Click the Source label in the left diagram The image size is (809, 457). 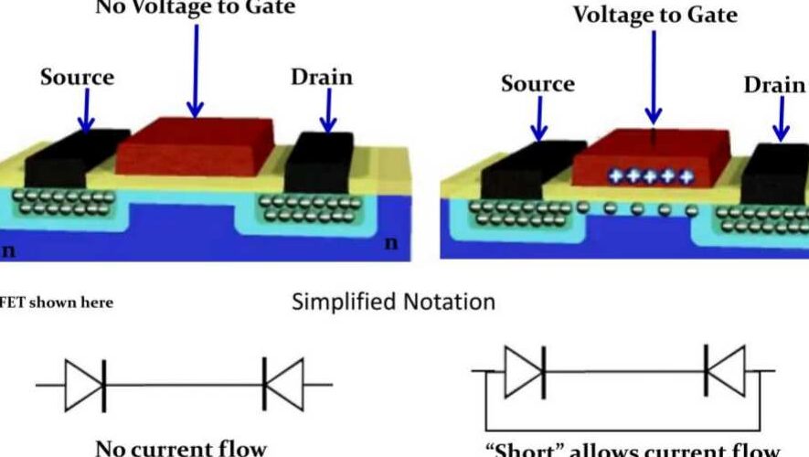(x=76, y=77)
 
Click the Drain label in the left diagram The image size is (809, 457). (x=321, y=77)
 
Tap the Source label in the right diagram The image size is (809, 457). (x=538, y=84)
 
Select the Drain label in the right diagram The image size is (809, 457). (x=774, y=84)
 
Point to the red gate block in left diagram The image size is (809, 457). (x=195, y=145)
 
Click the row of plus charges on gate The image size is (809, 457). (x=651, y=175)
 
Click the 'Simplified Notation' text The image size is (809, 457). (x=393, y=302)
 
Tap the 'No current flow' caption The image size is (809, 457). (x=181, y=448)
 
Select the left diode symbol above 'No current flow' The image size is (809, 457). (x=85, y=385)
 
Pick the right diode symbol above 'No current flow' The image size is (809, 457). (x=282, y=385)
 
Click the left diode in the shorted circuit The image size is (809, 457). (x=525, y=370)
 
